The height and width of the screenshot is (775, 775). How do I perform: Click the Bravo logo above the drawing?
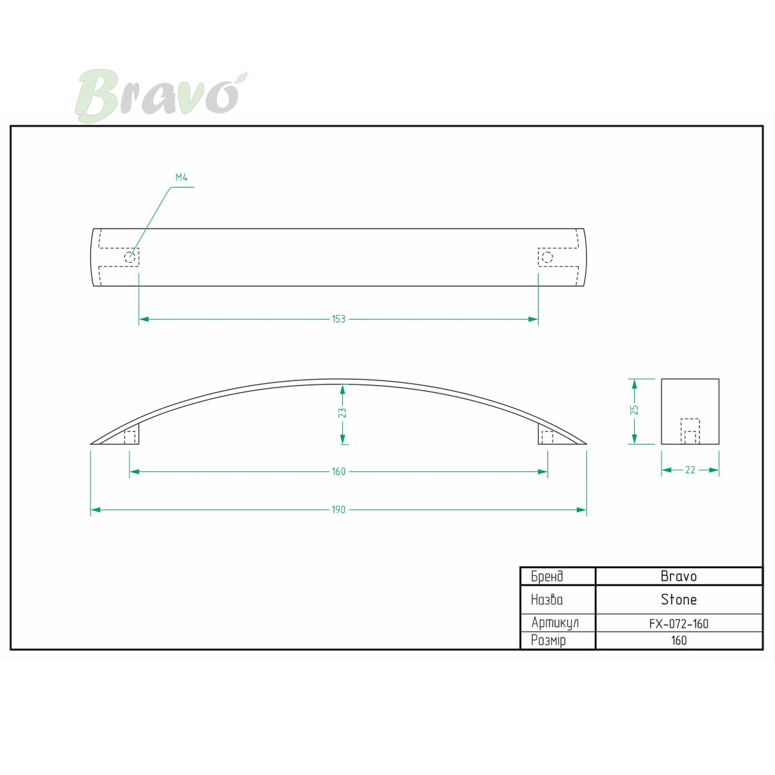pyautogui.click(x=161, y=96)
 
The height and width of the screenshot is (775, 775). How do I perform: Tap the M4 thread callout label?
pyautogui.click(x=181, y=178)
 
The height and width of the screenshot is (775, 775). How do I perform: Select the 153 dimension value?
pyautogui.click(x=338, y=319)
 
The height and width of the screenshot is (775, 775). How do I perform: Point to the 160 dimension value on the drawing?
pyautogui.click(x=338, y=471)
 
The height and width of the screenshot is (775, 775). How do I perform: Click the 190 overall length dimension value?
pyautogui.click(x=338, y=510)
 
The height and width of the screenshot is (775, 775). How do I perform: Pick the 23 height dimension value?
pyautogui.click(x=342, y=413)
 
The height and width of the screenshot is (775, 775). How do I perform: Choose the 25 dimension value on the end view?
pyautogui.click(x=634, y=410)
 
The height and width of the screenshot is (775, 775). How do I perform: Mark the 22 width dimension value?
pyautogui.click(x=690, y=470)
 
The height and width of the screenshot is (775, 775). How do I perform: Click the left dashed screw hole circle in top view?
pyautogui.click(x=130, y=257)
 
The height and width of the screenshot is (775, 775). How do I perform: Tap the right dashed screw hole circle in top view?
pyautogui.click(x=548, y=257)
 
